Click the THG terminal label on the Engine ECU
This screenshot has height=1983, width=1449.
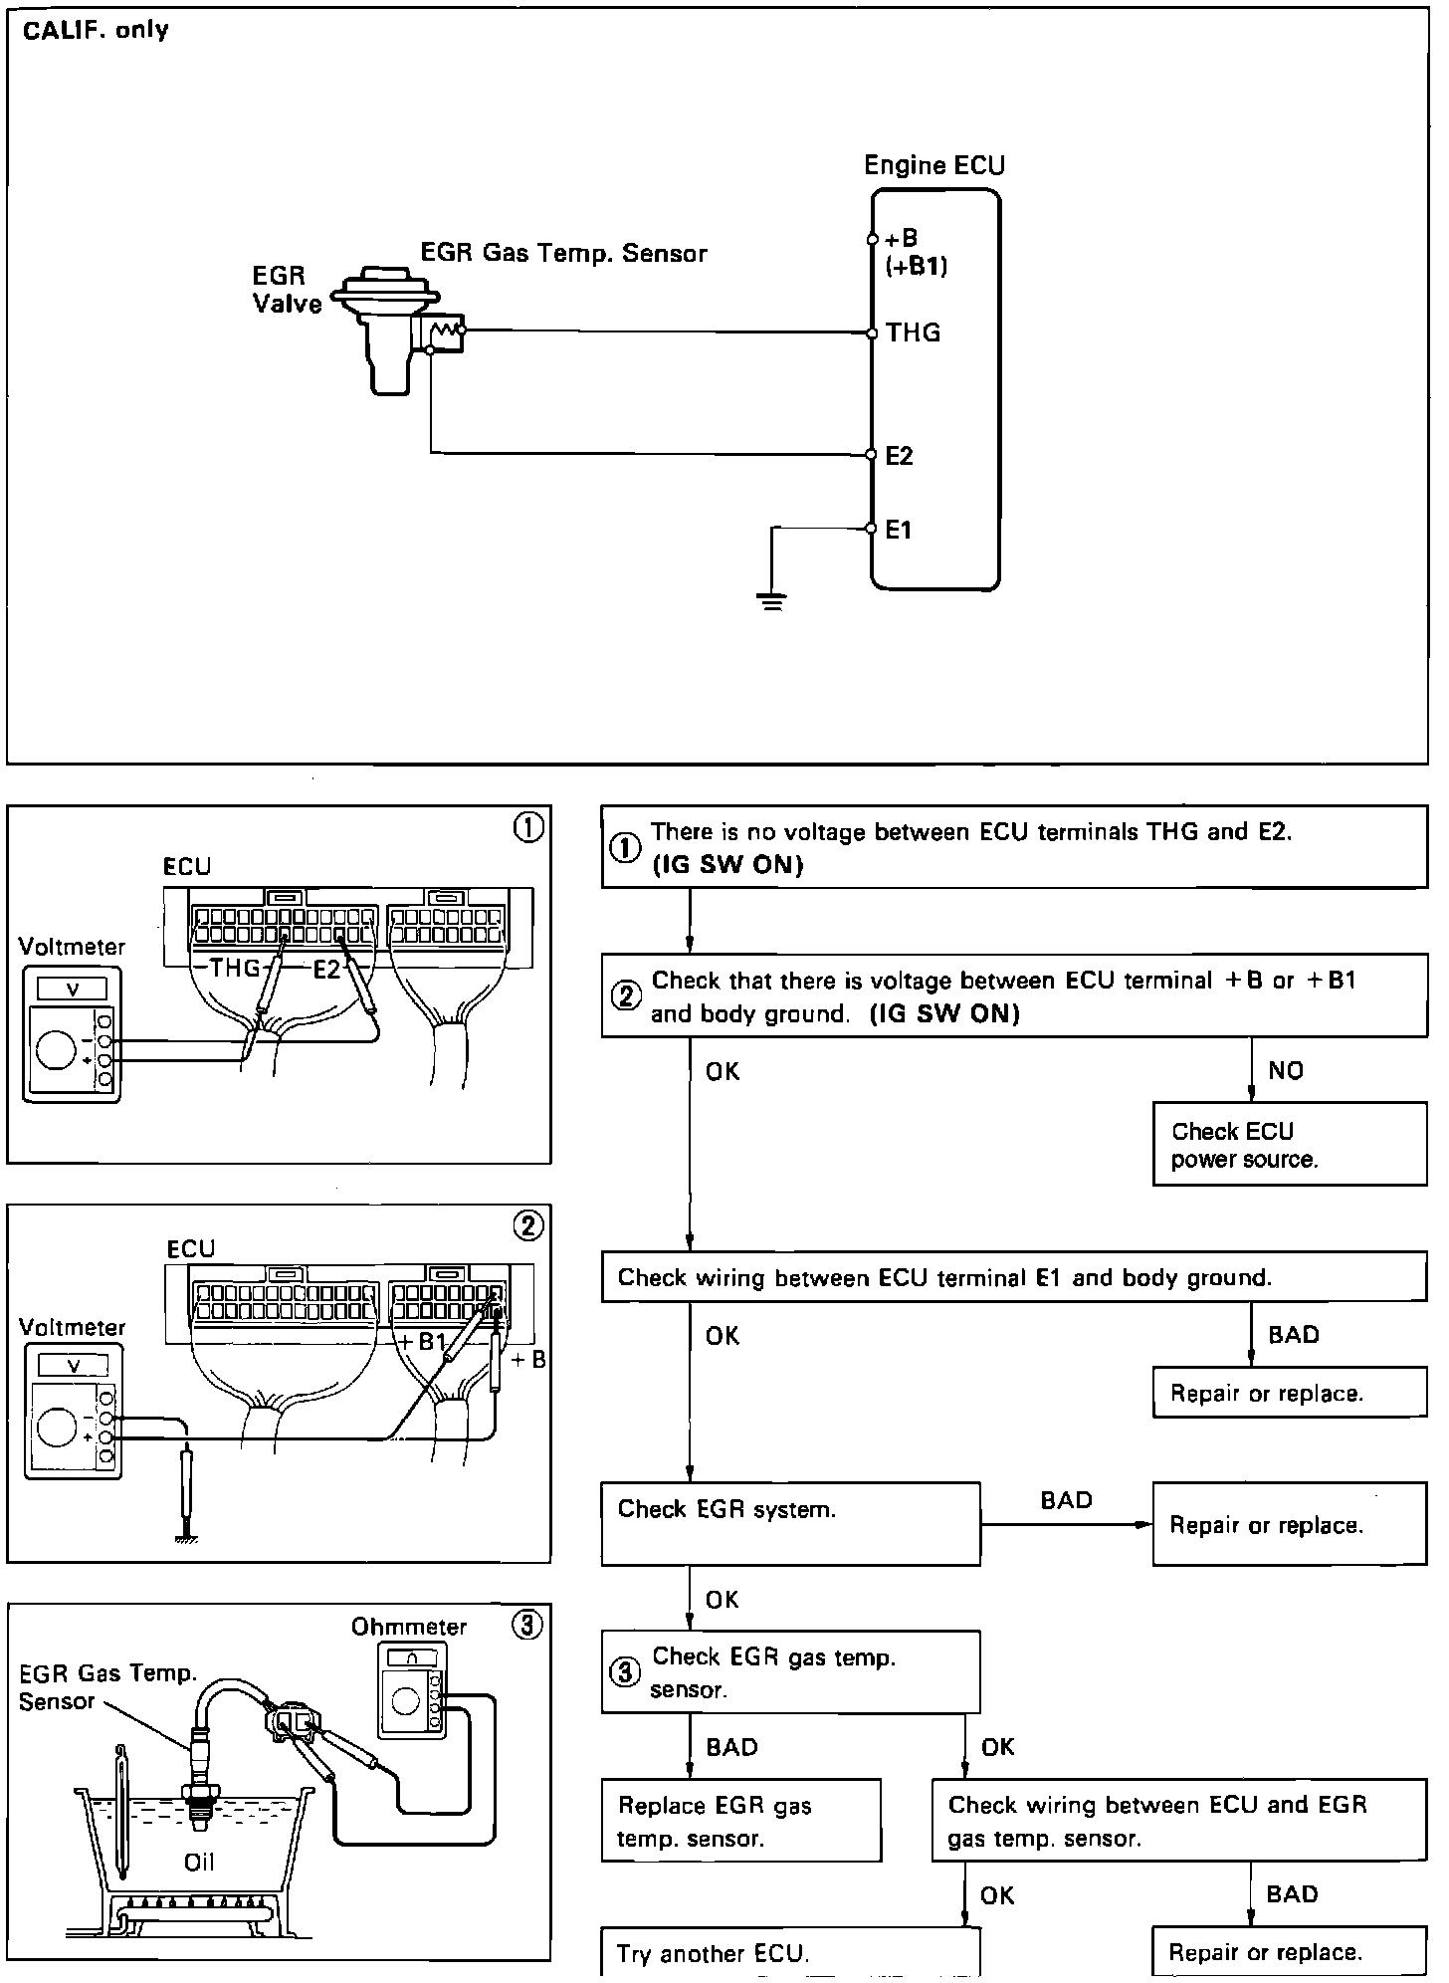pyautogui.click(x=913, y=332)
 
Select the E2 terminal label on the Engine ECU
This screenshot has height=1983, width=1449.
pyautogui.click(x=899, y=456)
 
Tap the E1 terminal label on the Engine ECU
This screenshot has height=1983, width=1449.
pyautogui.click(x=899, y=531)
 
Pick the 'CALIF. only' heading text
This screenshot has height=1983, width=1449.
pyautogui.click(x=96, y=30)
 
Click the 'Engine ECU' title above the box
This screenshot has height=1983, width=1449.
pyautogui.click(x=934, y=165)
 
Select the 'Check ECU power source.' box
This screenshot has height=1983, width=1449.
pyautogui.click(x=1289, y=1144)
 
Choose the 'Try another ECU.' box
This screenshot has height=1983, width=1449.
pyautogui.click(x=790, y=1953)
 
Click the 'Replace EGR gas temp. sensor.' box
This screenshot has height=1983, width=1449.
pyautogui.click(x=740, y=1821)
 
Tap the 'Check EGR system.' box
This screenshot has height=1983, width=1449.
pyautogui.click(x=790, y=1523)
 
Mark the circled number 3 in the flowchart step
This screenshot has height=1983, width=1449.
pyautogui.click(x=624, y=1672)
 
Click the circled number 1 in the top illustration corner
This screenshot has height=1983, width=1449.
pyautogui.click(x=527, y=827)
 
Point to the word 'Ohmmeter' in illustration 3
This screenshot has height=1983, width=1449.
pyautogui.click(x=409, y=1627)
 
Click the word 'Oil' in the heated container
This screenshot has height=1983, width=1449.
pyautogui.click(x=199, y=1862)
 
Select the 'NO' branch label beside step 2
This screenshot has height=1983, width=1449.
pyautogui.click(x=1286, y=1071)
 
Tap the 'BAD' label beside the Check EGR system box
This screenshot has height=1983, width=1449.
pyautogui.click(x=1066, y=1500)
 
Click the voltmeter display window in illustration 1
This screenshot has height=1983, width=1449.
pyautogui.click(x=72, y=990)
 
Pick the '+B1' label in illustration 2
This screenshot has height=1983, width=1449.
pyautogui.click(x=422, y=1342)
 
